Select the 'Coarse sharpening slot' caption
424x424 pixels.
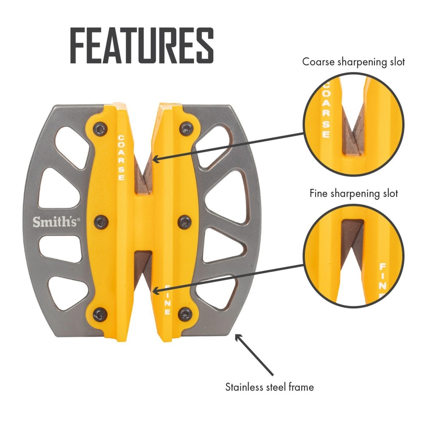(354, 61)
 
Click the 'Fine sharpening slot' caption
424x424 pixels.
(354, 194)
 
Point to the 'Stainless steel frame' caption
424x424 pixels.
(270, 387)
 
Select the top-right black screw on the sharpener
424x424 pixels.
(185, 128)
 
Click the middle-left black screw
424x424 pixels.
(100, 221)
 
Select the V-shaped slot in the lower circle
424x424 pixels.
(352, 242)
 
